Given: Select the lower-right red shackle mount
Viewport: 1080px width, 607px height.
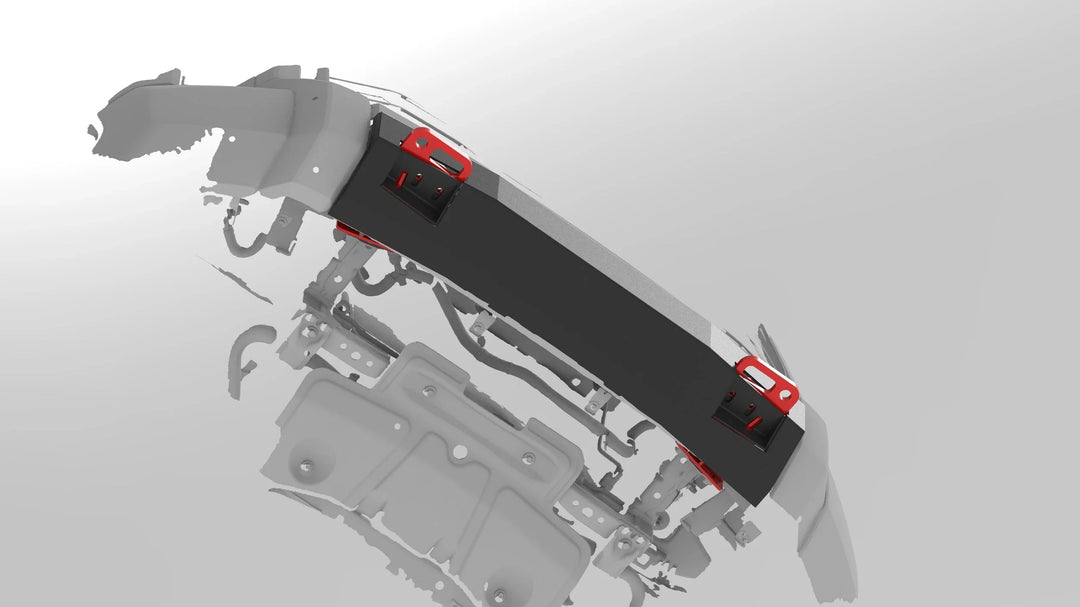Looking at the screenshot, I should (768, 383).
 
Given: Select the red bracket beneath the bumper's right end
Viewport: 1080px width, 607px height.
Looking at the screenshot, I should (701, 465).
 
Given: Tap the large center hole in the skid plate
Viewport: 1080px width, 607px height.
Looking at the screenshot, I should (459, 452).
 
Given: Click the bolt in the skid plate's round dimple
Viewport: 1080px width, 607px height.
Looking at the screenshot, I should (306, 466).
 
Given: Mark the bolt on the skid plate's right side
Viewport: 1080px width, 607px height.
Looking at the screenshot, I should (528, 459).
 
